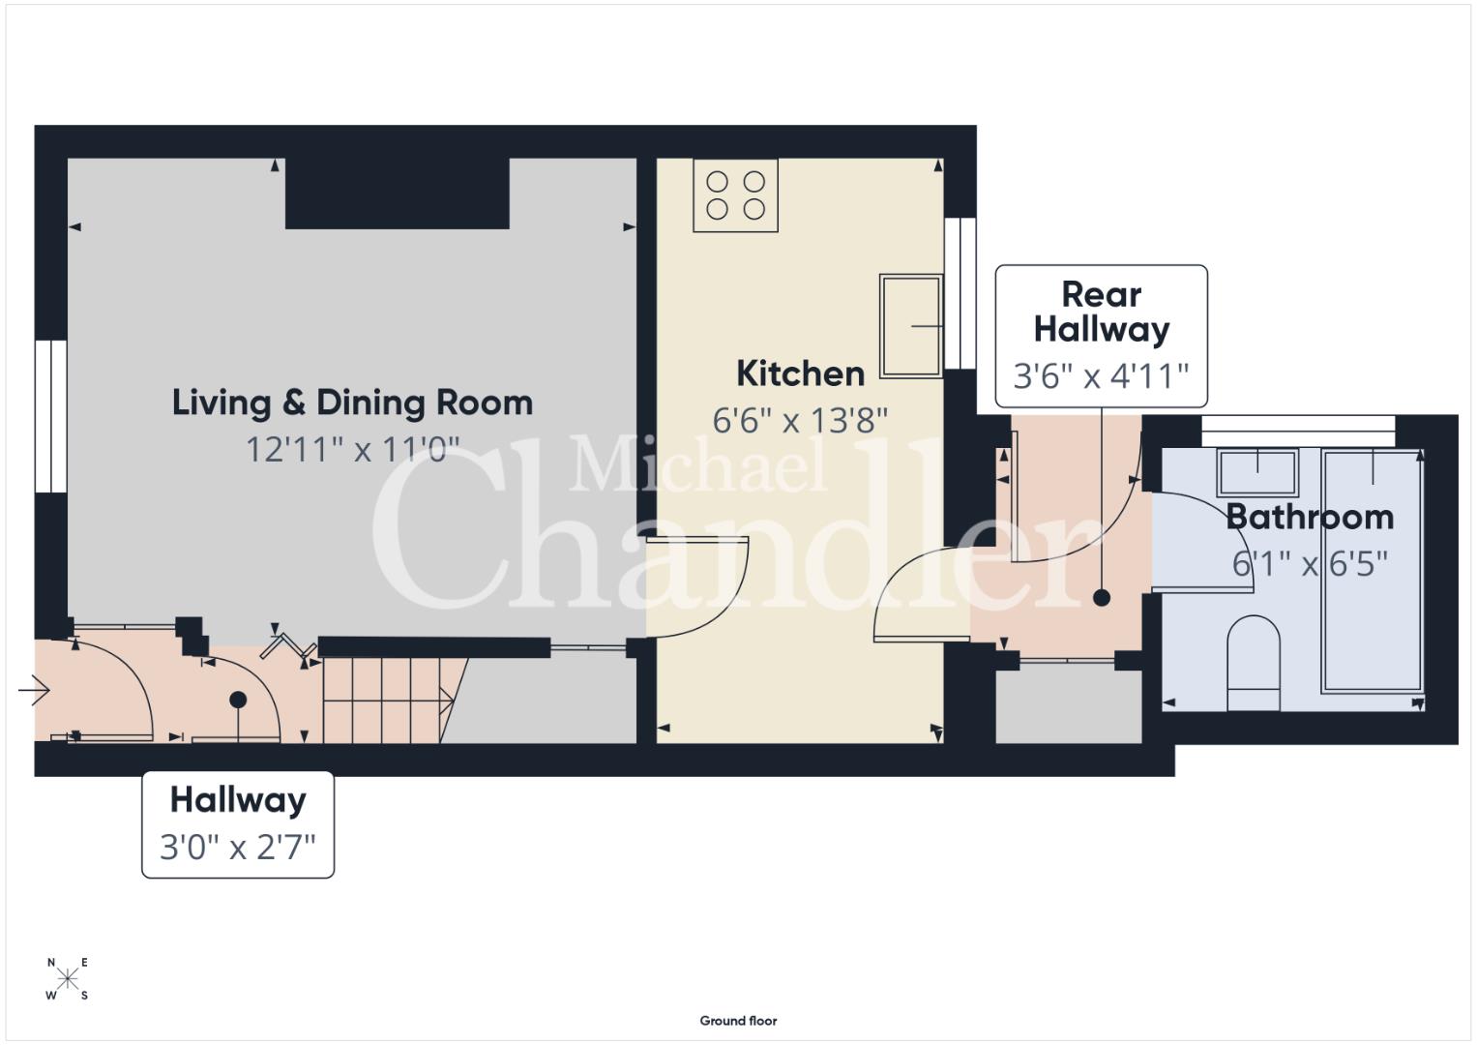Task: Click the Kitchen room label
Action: point(800,374)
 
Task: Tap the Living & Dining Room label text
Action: point(352,403)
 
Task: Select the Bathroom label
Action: point(1310,518)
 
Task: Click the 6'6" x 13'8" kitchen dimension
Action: point(800,420)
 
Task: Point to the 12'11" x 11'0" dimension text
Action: point(352,450)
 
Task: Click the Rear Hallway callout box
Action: point(1101,336)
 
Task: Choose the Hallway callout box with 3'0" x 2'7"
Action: point(238,824)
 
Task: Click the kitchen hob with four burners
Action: point(735,195)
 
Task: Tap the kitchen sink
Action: point(910,327)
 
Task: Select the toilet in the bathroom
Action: point(1254,663)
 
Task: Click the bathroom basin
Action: point(1257,472)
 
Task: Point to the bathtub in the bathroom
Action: point(1373,571)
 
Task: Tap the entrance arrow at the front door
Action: point(34,691)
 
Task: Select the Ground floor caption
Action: point(739,1021)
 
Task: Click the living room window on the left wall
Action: point(50,416)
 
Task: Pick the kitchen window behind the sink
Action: point(960,293)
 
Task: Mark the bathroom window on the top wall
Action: point(1298,431)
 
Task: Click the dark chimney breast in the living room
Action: point(397,194)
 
